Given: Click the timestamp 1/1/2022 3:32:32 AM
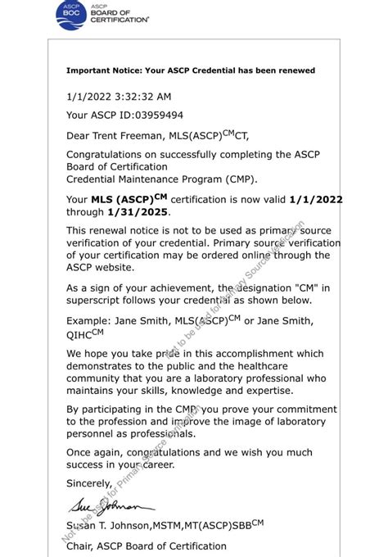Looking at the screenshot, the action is tap(119, 97).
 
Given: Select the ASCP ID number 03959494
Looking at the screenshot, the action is tap(156, 115).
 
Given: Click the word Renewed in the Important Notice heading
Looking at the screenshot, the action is tap(292, 70).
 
